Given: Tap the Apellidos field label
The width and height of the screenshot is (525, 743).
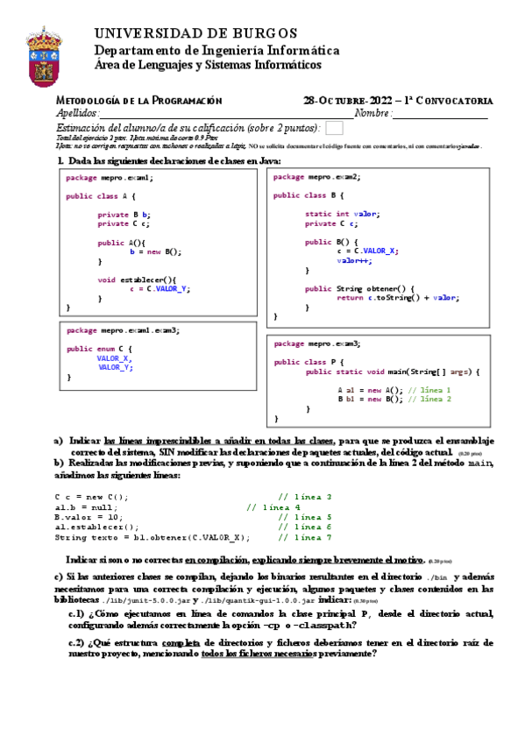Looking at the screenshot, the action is (77, 114).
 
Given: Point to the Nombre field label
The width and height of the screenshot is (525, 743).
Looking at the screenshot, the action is (372, 114).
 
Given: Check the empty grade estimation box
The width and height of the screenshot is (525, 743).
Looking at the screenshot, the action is (334, 128).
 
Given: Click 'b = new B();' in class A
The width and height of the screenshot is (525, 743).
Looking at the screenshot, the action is (155, 251).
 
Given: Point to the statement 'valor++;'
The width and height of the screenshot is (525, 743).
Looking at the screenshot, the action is (354, 260).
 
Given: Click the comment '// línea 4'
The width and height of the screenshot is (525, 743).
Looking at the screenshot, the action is (273, 506).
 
